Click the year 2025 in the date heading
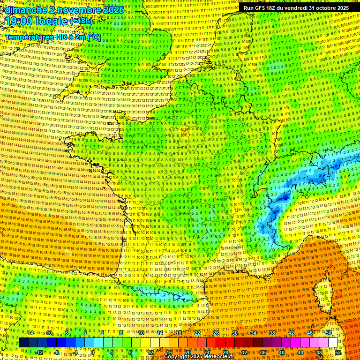112,10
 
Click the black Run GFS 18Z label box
296,8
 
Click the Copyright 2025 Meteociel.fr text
199,357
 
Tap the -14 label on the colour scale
30,333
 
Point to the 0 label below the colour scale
93,352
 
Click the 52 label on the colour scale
338,352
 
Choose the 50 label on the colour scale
329,333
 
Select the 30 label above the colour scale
235,333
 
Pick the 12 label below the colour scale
150,352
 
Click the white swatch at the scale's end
333,343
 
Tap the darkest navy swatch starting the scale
23,343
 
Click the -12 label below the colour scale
39,352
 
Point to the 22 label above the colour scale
197,333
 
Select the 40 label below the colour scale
282,352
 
